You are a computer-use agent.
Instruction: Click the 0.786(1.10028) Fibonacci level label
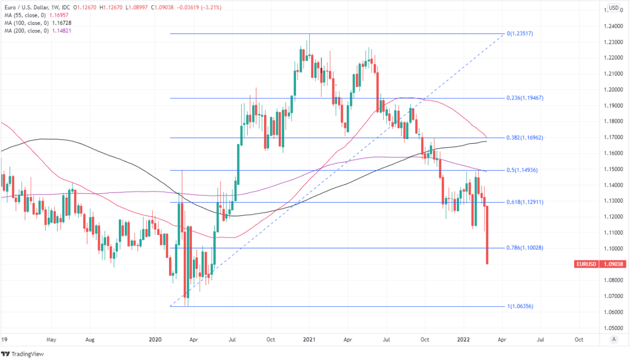(525, 248)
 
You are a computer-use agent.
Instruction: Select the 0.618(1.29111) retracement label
(525, 202)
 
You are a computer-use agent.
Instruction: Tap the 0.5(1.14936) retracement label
(523, 170)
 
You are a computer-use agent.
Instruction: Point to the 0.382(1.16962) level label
(525, 138)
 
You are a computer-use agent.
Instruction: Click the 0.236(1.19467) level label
(525, 97)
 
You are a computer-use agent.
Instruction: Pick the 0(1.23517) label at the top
(520, 34)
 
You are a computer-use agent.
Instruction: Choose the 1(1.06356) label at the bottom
(520, 306)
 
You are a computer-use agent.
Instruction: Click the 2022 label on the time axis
(463, 339)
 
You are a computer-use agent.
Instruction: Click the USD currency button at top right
(614, 8)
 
